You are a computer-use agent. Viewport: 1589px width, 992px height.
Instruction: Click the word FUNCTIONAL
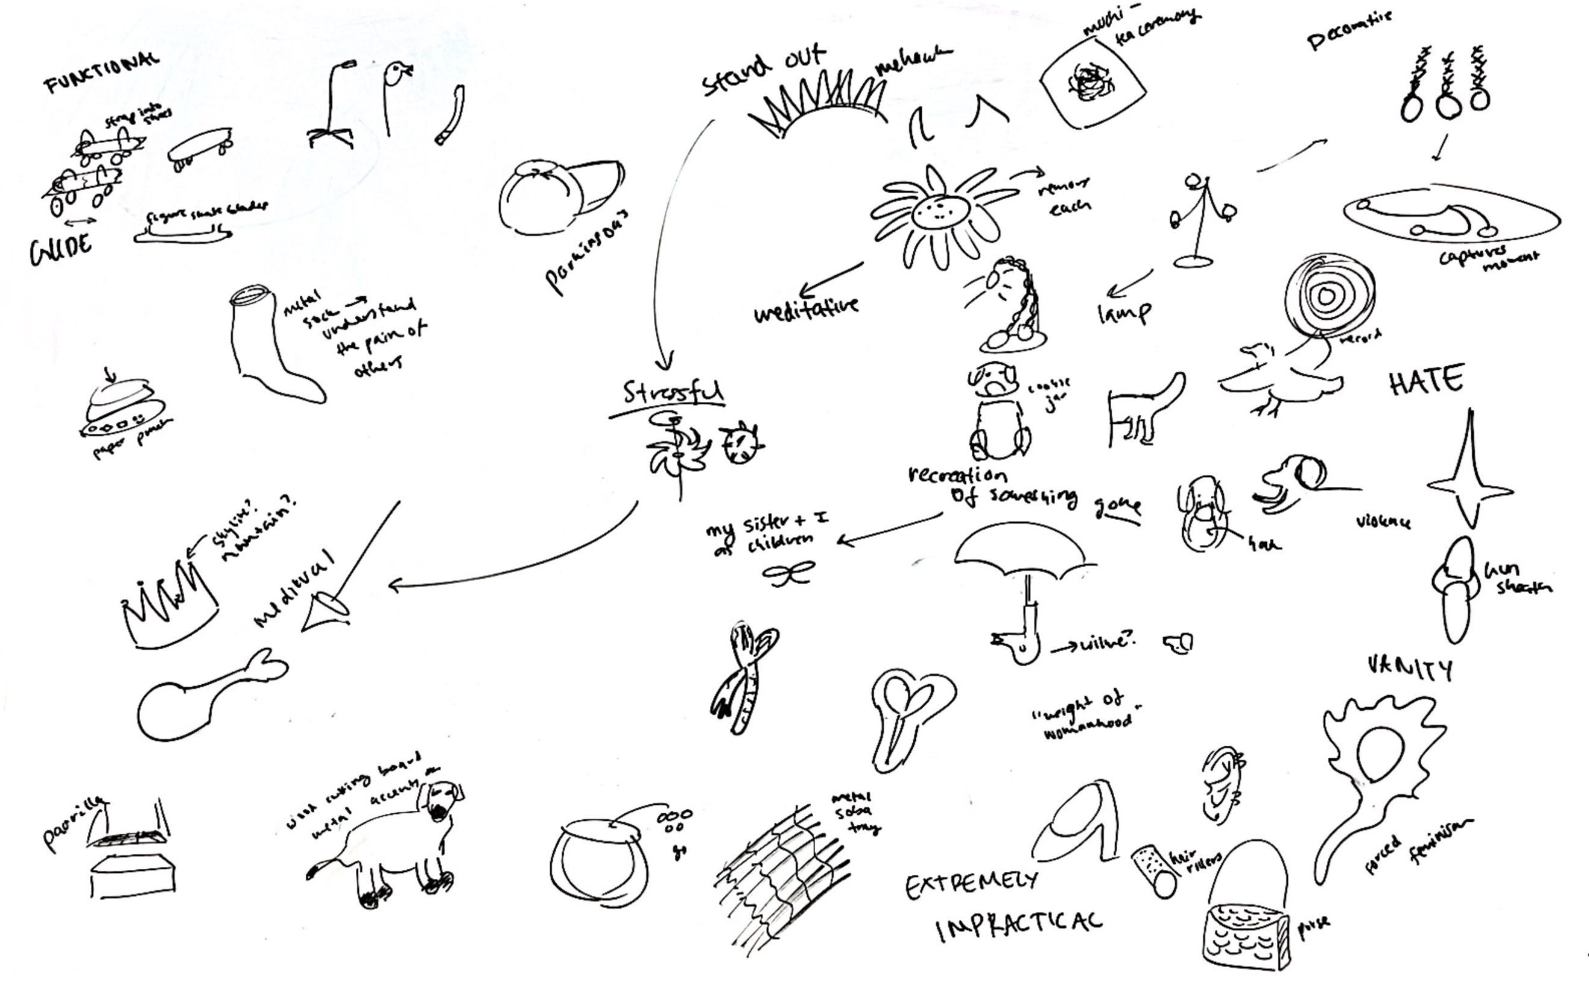tap(102, 74)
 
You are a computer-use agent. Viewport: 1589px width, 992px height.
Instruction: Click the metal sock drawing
tap(269, 348)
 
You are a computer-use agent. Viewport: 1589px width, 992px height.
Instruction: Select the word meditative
tap(805, 308)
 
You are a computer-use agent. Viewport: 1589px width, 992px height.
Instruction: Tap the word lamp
tap(1123, 312)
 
